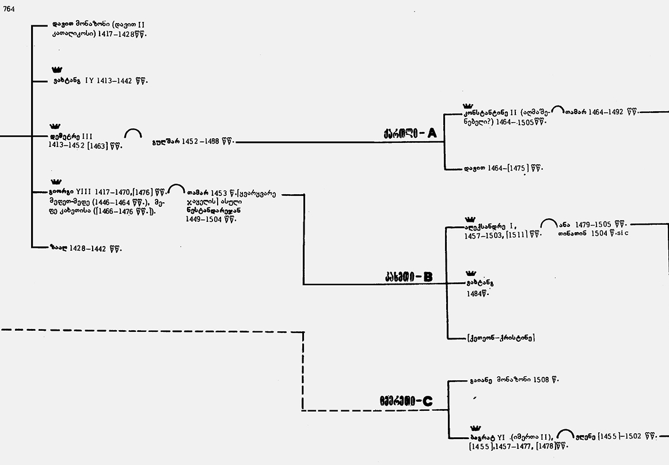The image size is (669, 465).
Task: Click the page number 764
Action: pos(9,7)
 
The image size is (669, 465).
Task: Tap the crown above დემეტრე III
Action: pos(55,126)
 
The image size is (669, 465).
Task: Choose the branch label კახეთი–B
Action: pos(409,277)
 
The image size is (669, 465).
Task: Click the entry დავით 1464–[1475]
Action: pos(503,169)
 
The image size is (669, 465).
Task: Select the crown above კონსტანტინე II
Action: pos(467,105)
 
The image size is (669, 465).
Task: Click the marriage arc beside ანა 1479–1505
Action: pos(549,222)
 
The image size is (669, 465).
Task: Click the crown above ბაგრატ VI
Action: pos(476,428)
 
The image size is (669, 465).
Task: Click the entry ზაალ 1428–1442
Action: pos(86,248)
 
